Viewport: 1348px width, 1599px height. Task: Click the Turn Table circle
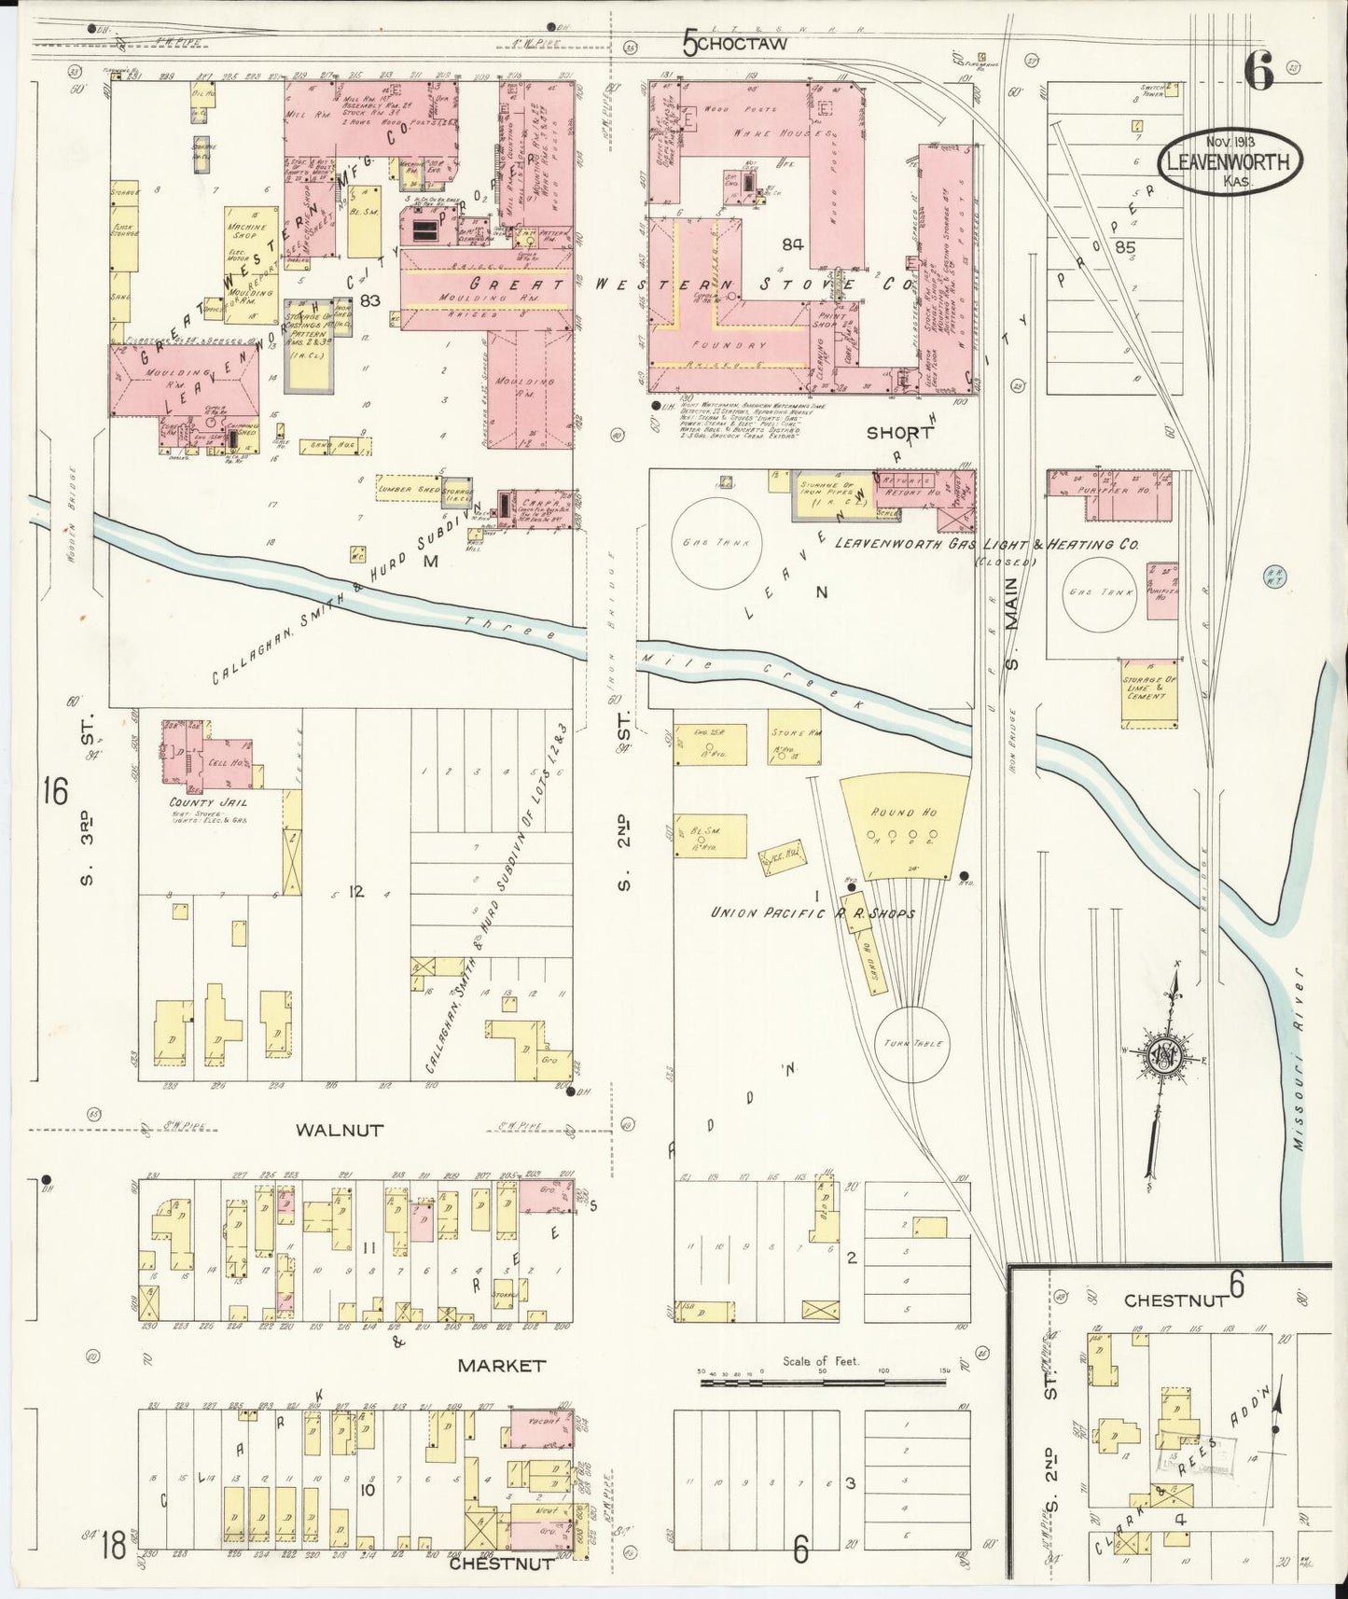click(x=910, y=1044)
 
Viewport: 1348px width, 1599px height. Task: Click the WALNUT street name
click(x=340, y=1130)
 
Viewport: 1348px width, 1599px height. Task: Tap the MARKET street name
click(x=501, y=1365)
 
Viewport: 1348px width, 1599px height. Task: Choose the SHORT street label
click(x=899, y=433)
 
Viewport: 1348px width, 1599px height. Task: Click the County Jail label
click(x=201, y=802)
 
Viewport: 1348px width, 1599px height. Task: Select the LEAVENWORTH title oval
click(x=1230, y=162)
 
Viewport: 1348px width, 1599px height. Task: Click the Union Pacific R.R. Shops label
click(x=813, y=913)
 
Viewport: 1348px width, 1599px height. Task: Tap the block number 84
click(x=793, y=244)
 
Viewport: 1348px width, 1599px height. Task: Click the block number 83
click(x=370, y=300)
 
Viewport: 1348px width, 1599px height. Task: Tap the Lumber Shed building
click(x=408, y=489)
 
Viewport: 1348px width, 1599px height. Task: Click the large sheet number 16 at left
click(x=55, y=792)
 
